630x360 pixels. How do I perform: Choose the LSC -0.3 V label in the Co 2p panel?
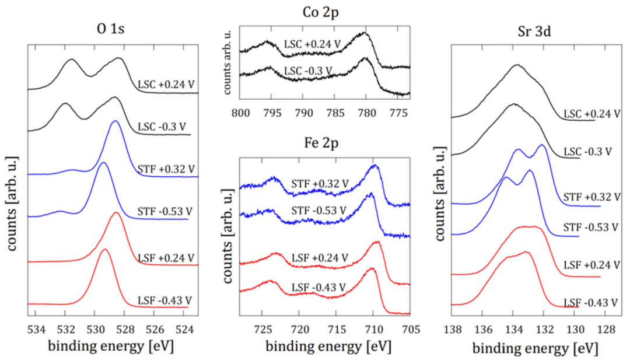coord(307,72)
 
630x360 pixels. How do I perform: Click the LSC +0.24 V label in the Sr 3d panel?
coord(591,114)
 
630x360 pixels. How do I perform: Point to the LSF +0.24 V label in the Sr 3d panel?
coord(591,264)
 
